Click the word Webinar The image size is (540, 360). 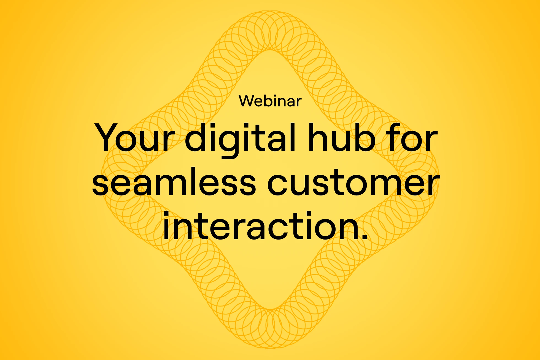coord(270,101)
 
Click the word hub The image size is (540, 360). coord(341,137)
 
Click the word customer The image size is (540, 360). coord(353,183)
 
